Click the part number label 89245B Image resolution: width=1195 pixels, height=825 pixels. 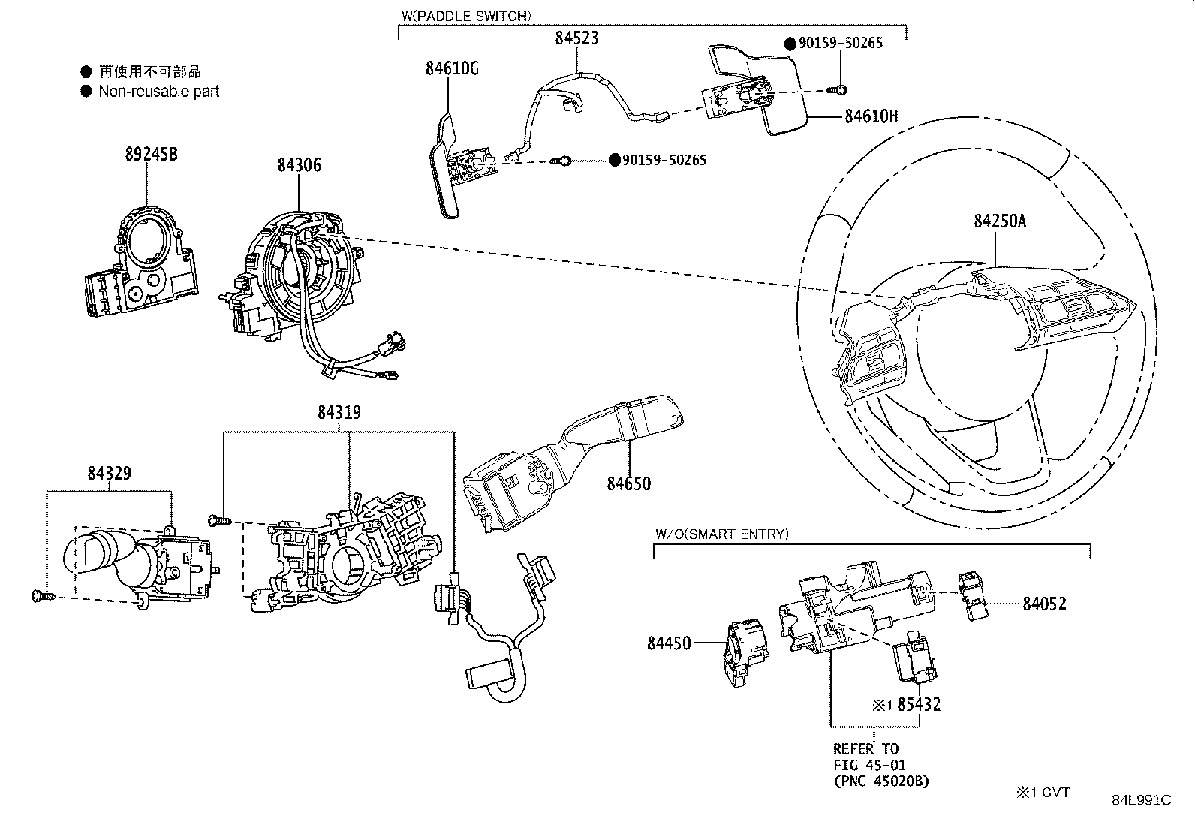151,155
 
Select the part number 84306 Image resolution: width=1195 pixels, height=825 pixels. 298,165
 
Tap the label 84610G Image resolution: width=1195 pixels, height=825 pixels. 451,68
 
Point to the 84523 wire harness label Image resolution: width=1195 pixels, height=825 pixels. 576,38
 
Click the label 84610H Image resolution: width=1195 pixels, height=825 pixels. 871,116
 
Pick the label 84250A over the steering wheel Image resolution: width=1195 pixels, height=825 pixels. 1000,221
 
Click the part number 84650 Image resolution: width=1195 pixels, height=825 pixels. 628,483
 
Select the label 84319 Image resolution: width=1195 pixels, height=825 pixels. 339,412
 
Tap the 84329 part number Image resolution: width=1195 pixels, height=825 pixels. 109,473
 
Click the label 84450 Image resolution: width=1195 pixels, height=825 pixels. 669,643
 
